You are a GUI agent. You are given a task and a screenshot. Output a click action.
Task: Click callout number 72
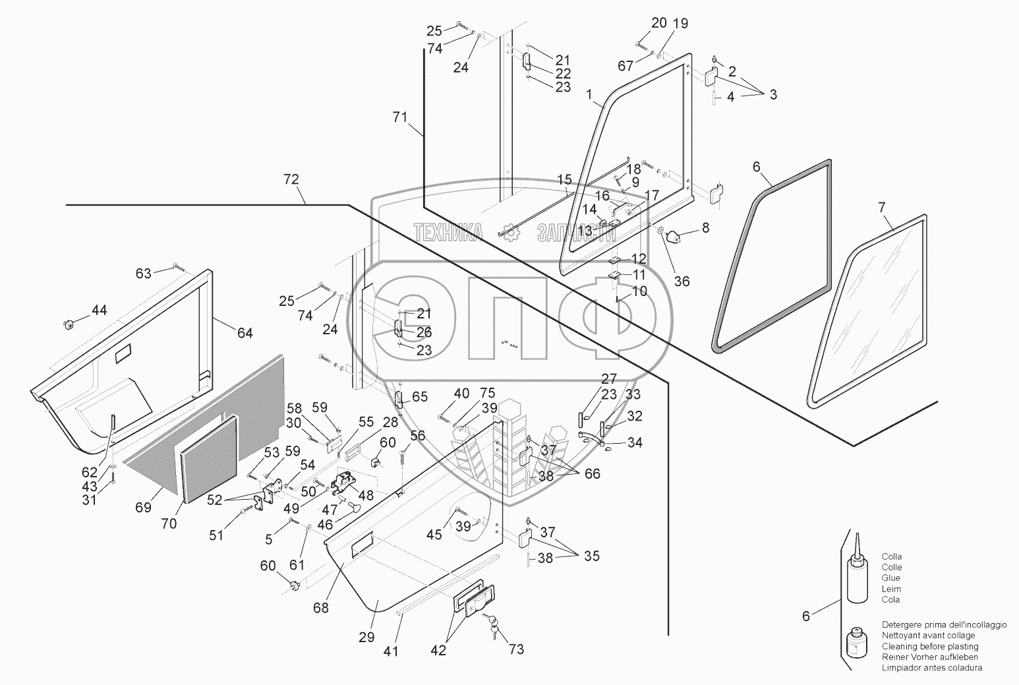click(291, 179)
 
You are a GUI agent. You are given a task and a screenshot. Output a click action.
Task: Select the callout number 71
click(400, 117)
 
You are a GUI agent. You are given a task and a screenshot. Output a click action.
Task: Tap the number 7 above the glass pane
click(882, 208)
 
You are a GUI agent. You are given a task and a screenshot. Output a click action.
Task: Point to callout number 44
click(99, 310)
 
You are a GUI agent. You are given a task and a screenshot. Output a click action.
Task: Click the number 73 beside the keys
click(516, 649)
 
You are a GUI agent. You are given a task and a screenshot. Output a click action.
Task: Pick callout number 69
click(143, 506)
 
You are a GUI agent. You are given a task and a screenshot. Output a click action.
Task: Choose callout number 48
click(366, 495)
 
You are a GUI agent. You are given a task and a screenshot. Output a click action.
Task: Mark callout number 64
click(245, 333)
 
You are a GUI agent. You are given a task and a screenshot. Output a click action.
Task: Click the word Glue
click(890, 578)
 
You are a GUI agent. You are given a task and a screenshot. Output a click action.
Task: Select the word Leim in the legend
click(890, 589)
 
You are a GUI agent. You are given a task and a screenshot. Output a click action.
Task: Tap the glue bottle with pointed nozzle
click(857, 569)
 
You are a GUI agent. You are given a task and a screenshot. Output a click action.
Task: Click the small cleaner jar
click(857, 643)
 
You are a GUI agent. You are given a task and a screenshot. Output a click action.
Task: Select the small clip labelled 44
click(69, 325)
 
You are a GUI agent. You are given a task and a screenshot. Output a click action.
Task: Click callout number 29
click(366, 637)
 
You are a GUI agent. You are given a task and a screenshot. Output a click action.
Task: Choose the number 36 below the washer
click(682, 282)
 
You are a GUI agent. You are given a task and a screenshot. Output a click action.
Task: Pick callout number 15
click(564, 179)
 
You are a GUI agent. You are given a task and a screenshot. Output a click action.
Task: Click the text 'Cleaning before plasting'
click(930, 646)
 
